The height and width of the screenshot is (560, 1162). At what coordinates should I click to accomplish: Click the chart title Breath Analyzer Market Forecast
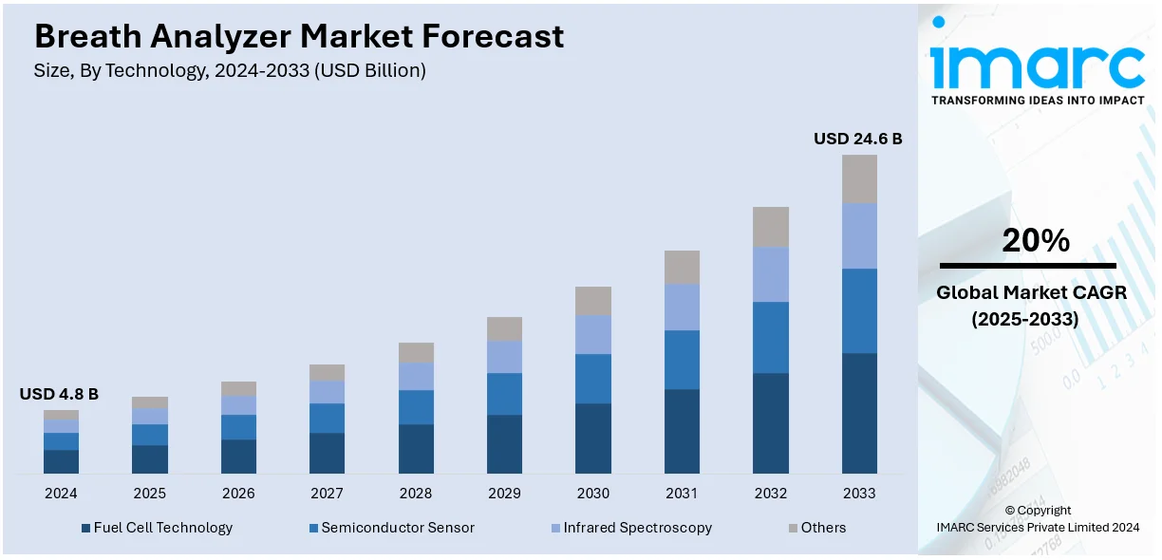tap(299, 36)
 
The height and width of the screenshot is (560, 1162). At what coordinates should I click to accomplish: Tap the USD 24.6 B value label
tap(857, 139)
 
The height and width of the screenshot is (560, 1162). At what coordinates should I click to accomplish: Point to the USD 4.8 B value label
tap(59, 394)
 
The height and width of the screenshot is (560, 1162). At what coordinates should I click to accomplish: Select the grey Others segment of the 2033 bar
tap(859, 178)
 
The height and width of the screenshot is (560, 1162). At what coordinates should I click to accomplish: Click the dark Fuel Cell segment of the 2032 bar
tap(771, 423)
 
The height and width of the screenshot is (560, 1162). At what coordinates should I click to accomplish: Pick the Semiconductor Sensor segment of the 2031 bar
tap(682, 360)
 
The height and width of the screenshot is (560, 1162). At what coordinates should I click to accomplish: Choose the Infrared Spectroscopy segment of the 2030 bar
tap(593, 334)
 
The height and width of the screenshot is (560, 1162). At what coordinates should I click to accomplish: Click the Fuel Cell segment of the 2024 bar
tap(61, 461)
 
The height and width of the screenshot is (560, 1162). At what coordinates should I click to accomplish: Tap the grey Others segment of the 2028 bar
tap(416, 352)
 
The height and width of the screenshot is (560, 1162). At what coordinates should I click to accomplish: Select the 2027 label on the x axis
tap(328, 494)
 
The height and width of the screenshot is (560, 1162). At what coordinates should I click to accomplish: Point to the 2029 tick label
tap(505, 494)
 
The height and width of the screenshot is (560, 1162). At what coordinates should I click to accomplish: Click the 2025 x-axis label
tap(149, 494)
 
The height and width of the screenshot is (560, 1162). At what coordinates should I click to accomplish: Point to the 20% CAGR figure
tap(1036, 241)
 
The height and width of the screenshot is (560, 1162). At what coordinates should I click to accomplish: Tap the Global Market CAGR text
tap(1031, 293)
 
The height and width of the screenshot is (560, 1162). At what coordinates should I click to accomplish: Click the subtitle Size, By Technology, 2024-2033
tap(230, 71)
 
